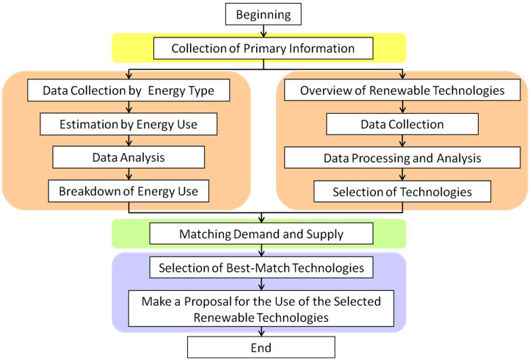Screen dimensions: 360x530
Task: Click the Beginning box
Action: click(x=264, y=14)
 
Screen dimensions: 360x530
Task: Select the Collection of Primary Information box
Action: click(x=263, y=48)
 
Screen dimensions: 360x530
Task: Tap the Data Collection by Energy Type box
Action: click(x=129, y=91)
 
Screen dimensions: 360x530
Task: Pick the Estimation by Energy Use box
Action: click(x=129, y=124)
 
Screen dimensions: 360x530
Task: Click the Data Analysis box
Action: click(x=129, y=158)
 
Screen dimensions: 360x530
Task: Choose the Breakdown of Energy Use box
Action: click(x=129, y=192)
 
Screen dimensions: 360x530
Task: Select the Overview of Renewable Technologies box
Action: click(x=402, y=91)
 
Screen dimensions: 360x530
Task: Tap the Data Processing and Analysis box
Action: click(x=402, y=158)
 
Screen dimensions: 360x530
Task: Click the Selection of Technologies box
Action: click(x=402, y=192)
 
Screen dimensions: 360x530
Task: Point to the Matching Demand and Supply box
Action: click(x=261, y=234)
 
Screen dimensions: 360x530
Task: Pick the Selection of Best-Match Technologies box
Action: click(x=261, y=268)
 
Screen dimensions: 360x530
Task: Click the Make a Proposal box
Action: click(x=261, y=308)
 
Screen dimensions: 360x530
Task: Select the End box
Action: click(x=261, y=347)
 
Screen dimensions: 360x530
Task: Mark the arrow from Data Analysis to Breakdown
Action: click(x=129, y=175)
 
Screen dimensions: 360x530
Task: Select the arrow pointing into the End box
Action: click(x=261, y=331)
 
